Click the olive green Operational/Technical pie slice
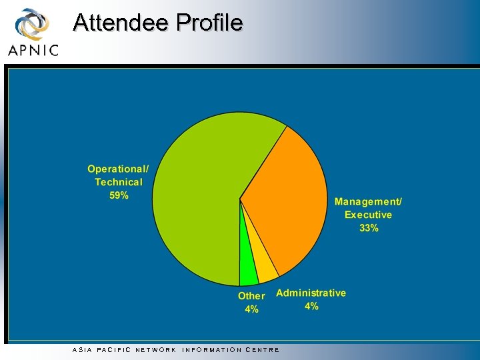(x=200, y=193)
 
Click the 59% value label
(x=119, y=196)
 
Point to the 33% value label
(x=369, y=228)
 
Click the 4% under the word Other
(x=251, y=309)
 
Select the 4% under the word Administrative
(x=311, y=307)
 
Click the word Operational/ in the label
(x=119, y=169)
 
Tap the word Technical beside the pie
(x=119, y=182)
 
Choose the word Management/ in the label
(x=369, y=201)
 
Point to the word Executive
(x=369, y=215)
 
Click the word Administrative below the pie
(x=311, y=293)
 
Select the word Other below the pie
(x=251, y=296)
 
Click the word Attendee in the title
(x=121, y=23)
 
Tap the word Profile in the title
(x=209, y=23)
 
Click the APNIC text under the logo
(x=33, y=50)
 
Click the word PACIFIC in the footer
(x=114, y=349)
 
